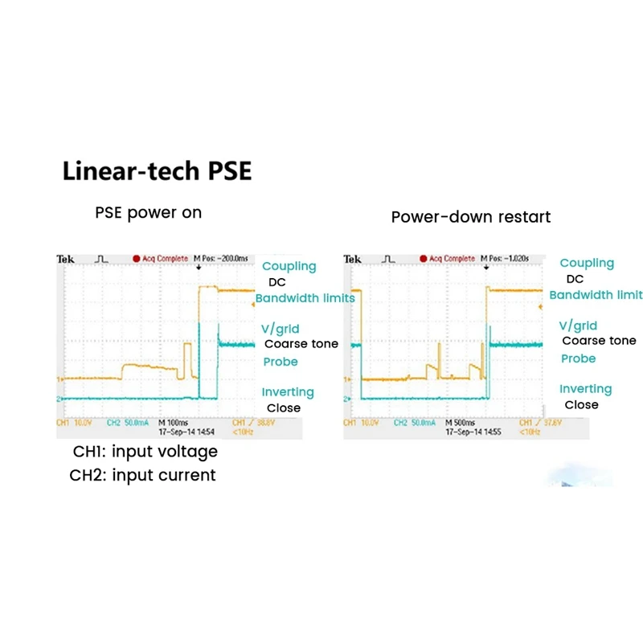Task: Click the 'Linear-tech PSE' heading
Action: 157,171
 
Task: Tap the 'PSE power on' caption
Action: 148,213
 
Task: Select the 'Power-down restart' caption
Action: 471,217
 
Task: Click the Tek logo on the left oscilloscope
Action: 65,259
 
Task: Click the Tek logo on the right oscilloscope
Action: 352,259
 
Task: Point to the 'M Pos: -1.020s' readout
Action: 510,259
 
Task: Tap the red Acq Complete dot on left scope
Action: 136,259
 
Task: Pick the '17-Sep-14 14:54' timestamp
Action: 182,432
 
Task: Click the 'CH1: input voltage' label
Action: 143,452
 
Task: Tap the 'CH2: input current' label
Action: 142,475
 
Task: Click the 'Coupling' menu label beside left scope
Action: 289,267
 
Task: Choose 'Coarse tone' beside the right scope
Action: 599,341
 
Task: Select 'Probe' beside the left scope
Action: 281,362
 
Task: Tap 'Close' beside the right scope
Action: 581,405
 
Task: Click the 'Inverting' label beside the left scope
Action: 287,392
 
